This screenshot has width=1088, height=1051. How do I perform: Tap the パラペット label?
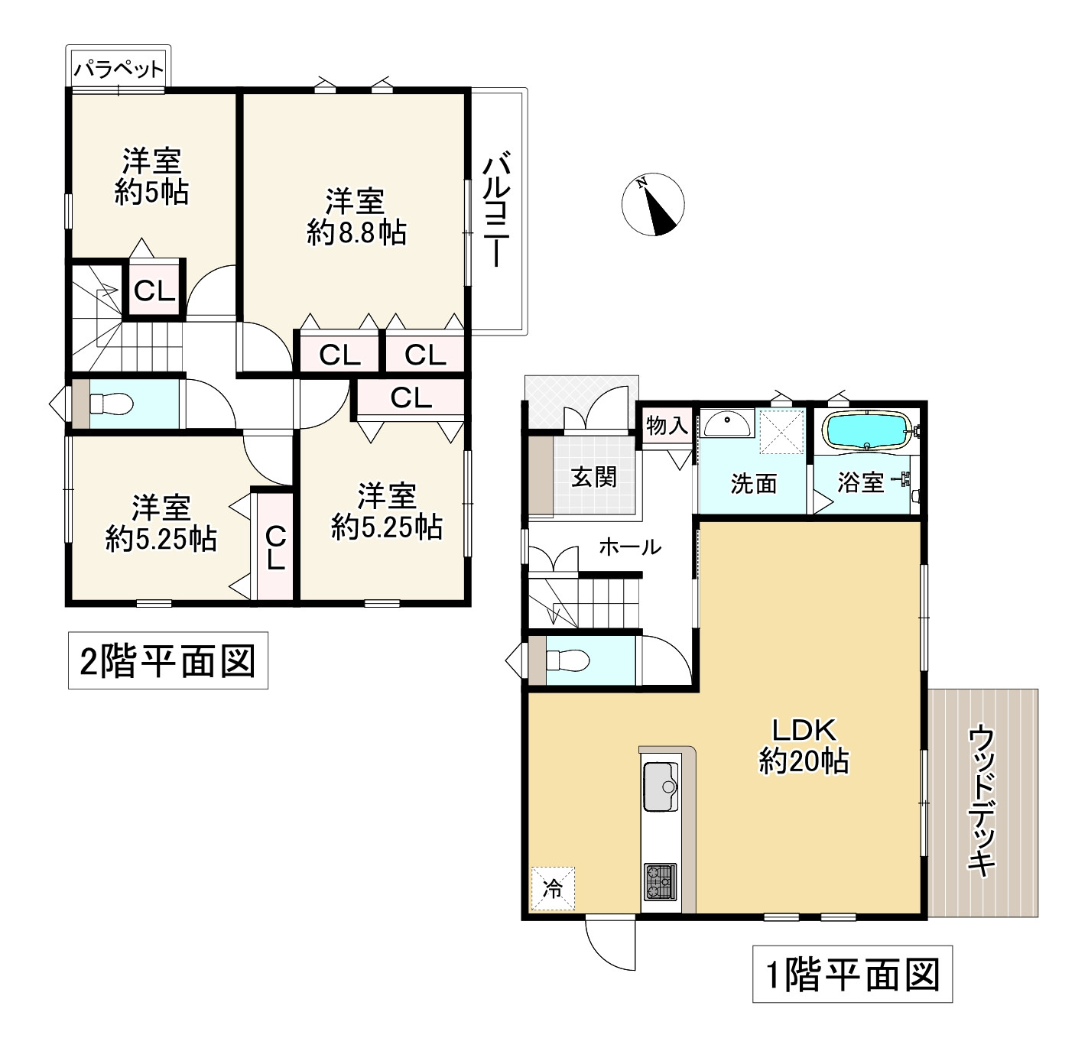tap(119, 70)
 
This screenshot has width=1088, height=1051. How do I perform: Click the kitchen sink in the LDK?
tap(661, 787)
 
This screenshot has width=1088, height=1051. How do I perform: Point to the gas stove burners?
tap(660, 881)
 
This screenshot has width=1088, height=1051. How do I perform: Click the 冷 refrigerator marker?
tap(552, 889)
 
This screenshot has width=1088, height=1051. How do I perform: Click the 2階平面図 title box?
tap(168, 660)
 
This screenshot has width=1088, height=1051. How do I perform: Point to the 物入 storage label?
tap(667, 426)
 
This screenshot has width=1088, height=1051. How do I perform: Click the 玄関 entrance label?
tap(594, 477)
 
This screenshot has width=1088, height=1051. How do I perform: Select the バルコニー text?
tap(498, 210)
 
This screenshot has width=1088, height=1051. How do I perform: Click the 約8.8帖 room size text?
tap(356, 232)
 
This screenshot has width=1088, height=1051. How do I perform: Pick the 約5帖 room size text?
tap(151, 193)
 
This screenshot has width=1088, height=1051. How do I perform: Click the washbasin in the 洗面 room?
tap(726, 423)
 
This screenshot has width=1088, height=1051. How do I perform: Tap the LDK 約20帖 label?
tap(804, 746)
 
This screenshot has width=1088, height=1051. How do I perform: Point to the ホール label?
tap(629, 547)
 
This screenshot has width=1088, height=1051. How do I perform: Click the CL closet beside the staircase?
tap(155, 290)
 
